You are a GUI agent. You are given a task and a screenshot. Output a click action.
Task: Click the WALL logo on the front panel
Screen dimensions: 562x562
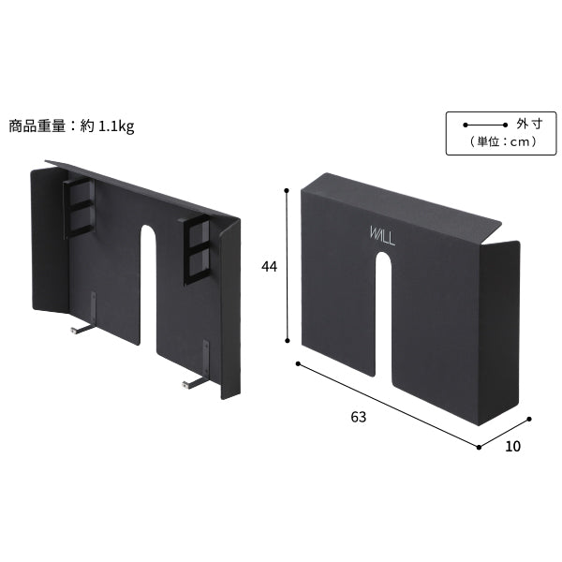(382, 236)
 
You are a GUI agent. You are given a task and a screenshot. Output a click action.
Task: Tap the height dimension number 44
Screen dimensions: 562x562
(269, 267)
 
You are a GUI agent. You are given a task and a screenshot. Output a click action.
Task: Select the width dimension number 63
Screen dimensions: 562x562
(359, 417)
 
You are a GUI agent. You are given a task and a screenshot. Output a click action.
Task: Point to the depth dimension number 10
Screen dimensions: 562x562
(512, 446)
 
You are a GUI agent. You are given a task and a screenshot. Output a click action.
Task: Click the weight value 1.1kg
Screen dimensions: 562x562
(116, 126)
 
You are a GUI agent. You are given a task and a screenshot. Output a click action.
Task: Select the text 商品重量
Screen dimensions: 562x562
(37, 126)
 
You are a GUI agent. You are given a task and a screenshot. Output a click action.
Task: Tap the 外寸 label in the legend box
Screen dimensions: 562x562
(529, 124)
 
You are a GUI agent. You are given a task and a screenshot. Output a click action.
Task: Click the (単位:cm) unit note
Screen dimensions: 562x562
(503, 142)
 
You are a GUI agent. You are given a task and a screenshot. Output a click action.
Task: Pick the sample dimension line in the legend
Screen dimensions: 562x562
(485, 126)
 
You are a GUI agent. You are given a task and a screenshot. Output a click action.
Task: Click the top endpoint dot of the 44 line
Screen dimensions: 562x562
(287, 190)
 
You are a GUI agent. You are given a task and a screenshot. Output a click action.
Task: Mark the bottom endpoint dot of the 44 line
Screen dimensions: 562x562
(288, 341)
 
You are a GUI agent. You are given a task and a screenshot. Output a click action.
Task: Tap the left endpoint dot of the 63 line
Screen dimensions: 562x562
(298, 363)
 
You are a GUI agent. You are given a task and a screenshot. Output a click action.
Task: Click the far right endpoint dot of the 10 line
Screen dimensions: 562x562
(529, 419)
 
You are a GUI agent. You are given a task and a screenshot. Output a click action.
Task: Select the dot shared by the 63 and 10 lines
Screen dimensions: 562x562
(479, 447)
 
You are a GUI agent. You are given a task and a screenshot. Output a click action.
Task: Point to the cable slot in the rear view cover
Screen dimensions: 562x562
(148, 286)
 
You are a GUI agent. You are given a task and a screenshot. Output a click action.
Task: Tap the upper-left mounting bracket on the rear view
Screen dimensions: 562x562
(80, 208)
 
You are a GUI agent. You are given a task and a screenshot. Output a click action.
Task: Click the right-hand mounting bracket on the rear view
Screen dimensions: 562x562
(197, 250)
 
